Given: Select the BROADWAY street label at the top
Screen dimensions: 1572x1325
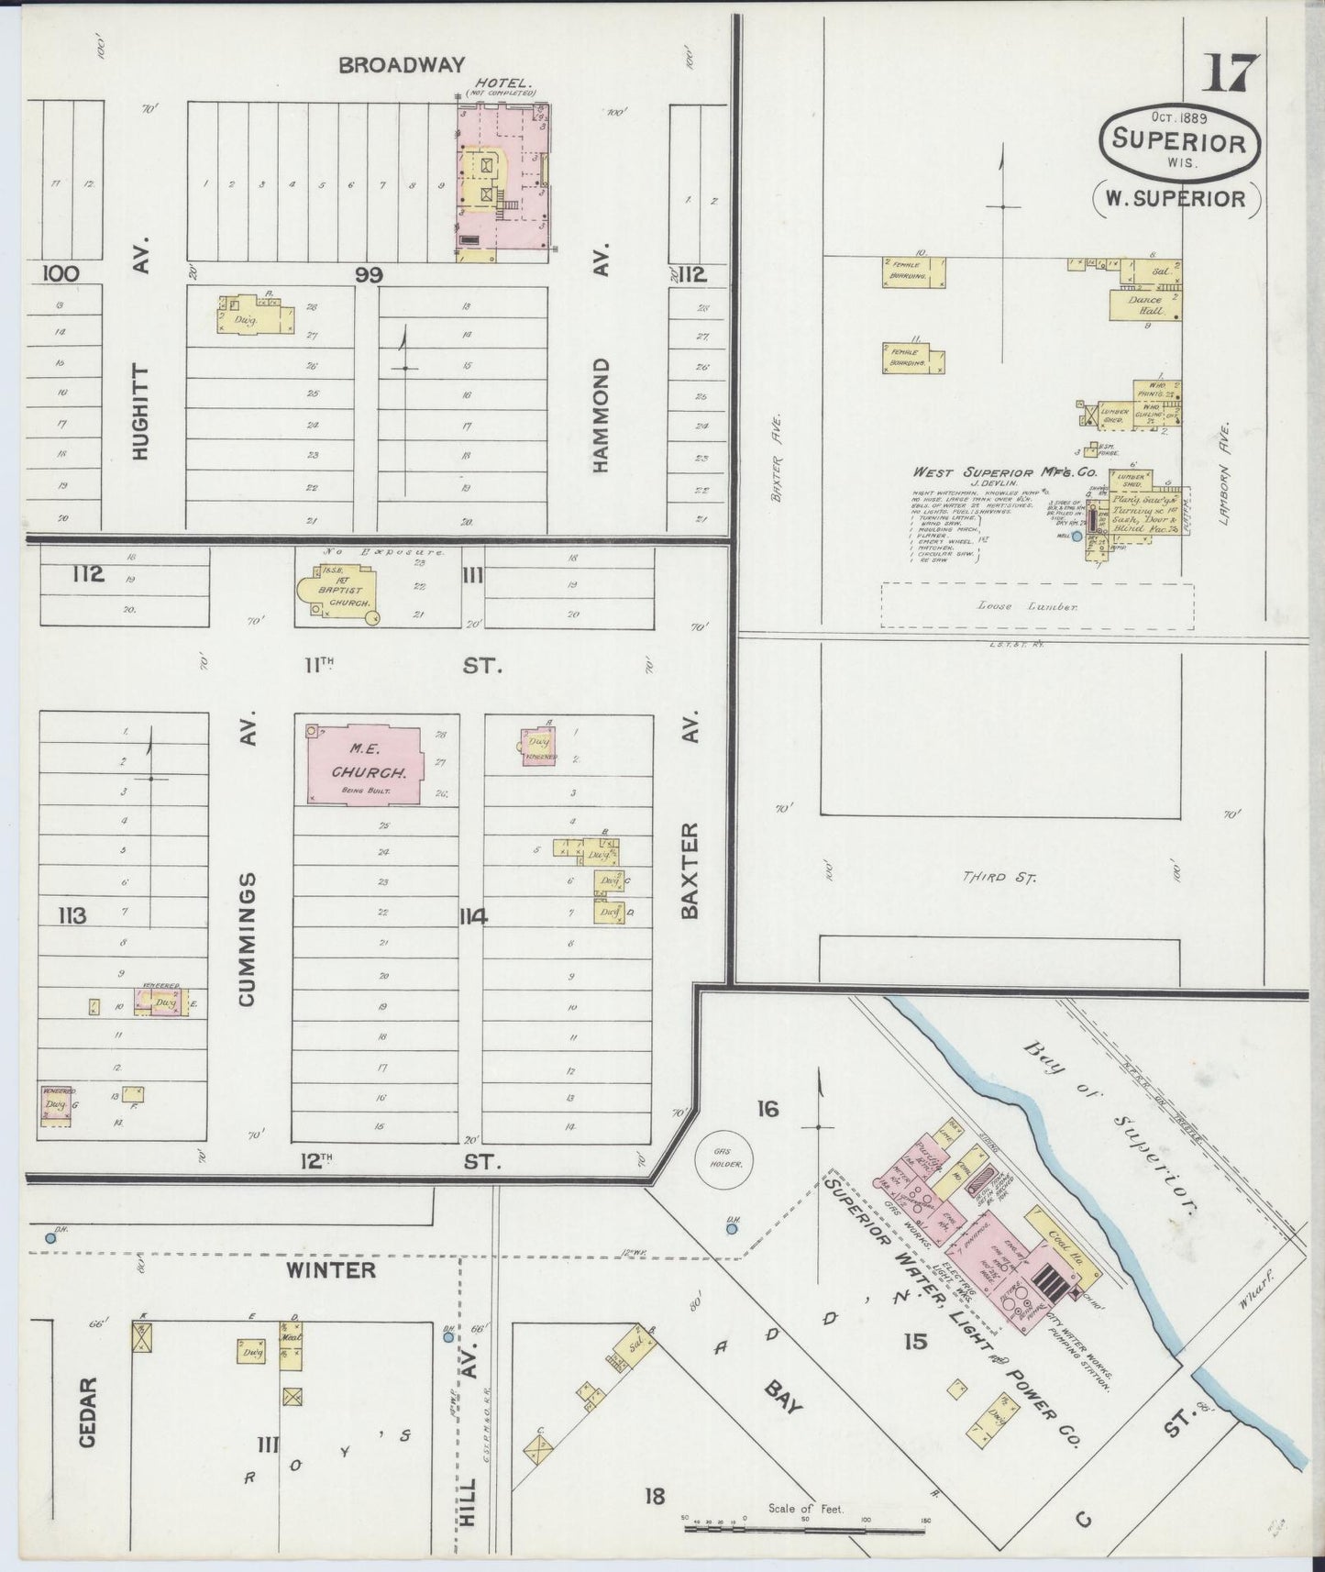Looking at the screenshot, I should [402, 65].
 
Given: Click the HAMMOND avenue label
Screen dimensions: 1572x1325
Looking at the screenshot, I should [601, 415].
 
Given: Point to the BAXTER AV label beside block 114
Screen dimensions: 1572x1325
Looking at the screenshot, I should [690, 869].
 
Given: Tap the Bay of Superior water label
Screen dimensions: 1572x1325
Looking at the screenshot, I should [1110, 1127].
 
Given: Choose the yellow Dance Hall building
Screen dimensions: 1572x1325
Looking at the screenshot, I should [1143, 305].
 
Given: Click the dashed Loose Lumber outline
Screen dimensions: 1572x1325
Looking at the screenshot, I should [1037, 606].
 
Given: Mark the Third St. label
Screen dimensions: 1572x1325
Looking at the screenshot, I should [999, 878].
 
